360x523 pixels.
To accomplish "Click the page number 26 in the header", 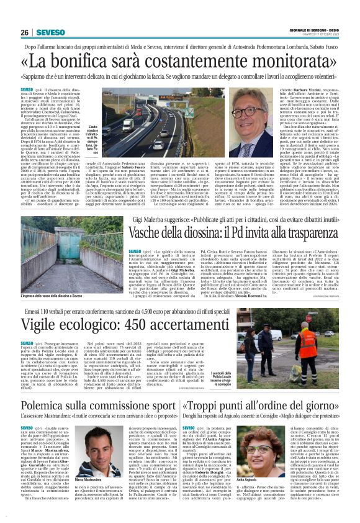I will click(25, 32).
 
